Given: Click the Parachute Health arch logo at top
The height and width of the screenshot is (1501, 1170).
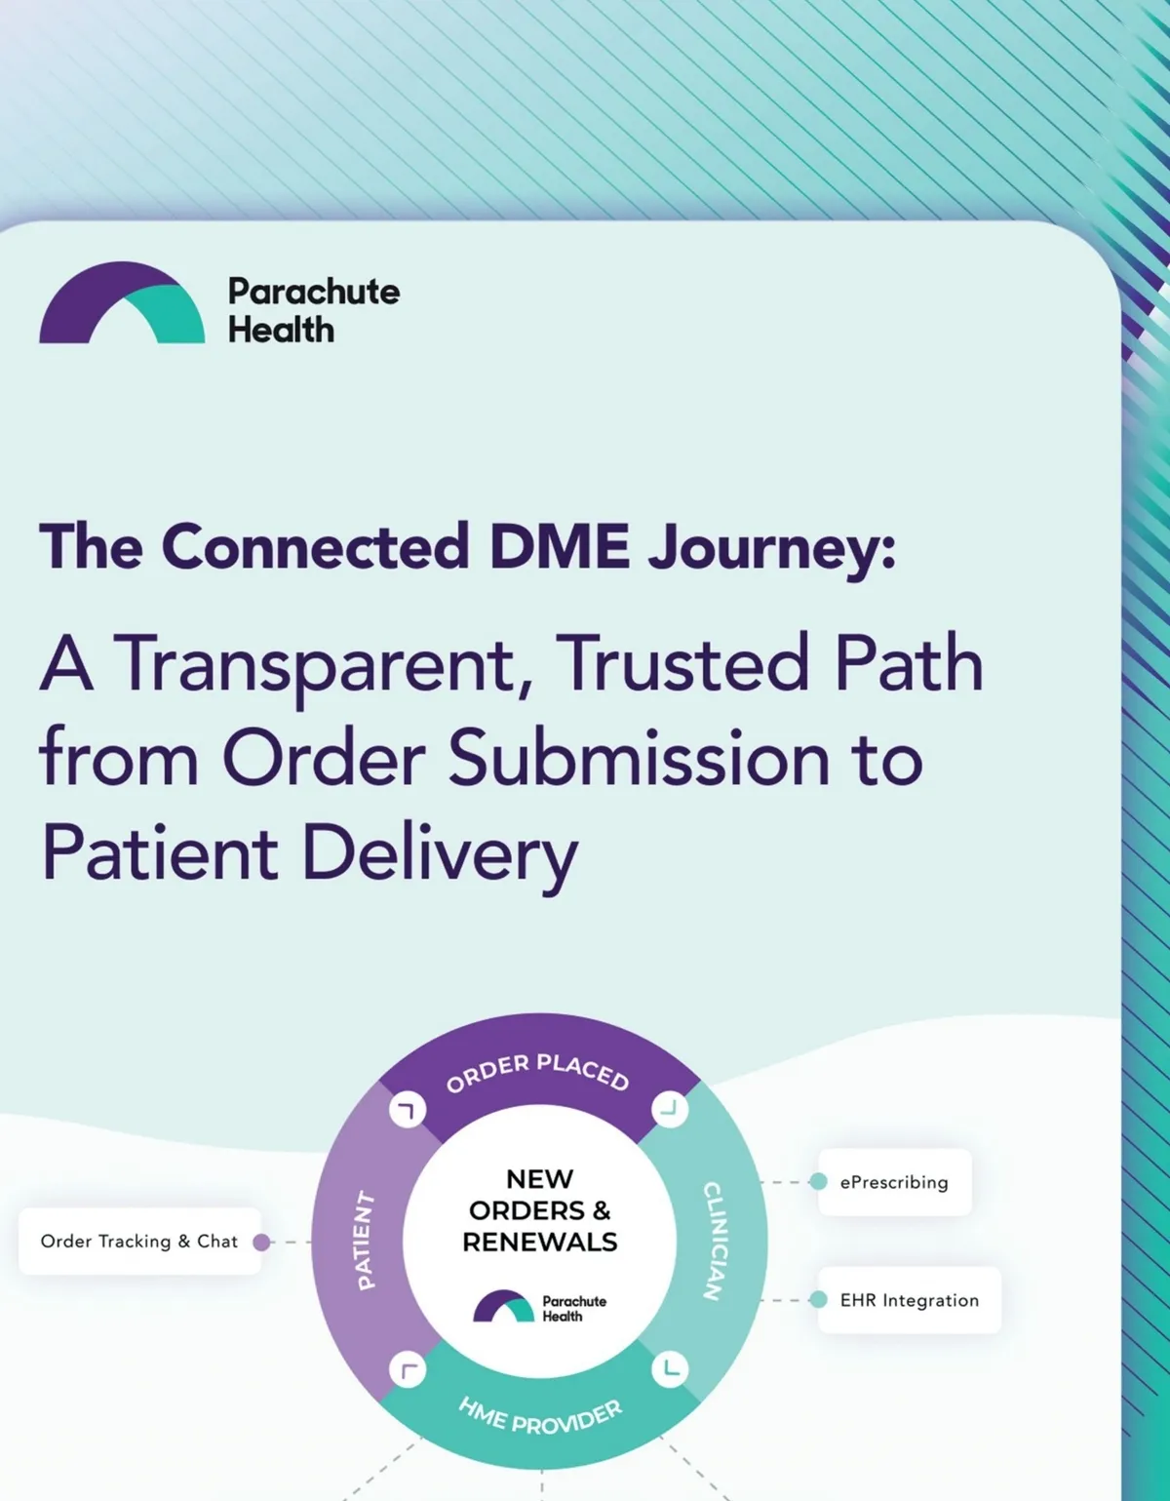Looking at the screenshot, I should pos(122,303).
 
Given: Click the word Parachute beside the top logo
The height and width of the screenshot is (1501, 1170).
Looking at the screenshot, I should pos(314,292).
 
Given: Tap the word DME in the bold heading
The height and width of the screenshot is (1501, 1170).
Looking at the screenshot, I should pos(559,546).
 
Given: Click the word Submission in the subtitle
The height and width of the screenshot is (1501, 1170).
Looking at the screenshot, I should pos(639,759).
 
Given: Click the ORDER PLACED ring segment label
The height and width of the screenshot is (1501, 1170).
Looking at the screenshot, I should pos(537,1072).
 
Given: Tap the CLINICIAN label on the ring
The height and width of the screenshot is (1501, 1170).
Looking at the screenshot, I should pos(714,1241).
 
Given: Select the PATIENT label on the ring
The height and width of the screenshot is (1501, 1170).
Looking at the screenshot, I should pos(364,1241).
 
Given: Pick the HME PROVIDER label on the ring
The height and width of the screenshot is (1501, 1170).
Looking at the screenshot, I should pos(539,1417).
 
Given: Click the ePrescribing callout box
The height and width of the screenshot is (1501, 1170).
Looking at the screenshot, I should pos(894,1182).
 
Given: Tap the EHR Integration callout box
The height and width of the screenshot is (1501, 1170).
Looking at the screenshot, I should pos(909,1300).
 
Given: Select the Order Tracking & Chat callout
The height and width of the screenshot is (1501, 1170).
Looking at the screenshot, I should pos(139,1242).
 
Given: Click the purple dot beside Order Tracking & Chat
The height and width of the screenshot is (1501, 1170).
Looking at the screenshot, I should pos(261,1242).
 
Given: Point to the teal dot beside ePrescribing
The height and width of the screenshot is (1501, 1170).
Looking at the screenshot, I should pos(819,1182).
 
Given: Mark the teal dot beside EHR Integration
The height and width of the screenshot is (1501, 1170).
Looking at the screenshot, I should pos(819,1300).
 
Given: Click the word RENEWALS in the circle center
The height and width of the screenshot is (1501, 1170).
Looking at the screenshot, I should pos(540,1243).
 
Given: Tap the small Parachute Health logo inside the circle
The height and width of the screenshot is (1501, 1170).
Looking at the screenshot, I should pos(539,1307).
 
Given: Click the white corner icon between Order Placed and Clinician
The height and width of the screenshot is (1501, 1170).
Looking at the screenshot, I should pos(670,1109).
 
